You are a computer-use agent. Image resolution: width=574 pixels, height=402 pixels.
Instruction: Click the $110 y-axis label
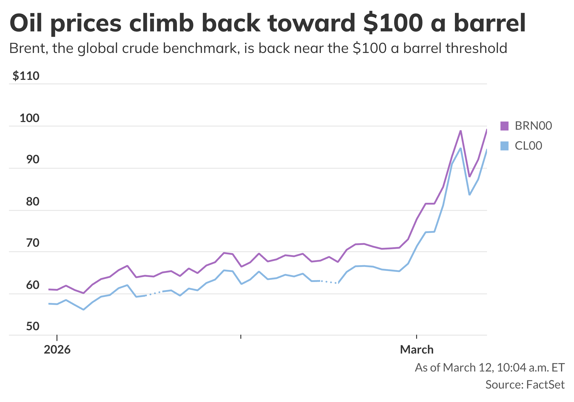[x=26, y=76]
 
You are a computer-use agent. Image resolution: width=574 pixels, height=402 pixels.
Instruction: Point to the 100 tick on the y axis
[x=30, y=118]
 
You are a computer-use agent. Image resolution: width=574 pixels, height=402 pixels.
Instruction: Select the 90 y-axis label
[x=33, y=159]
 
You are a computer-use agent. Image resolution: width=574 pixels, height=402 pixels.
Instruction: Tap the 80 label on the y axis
[x=33, y=201]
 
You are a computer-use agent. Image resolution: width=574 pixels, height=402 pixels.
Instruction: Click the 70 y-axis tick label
[x=33, y=243]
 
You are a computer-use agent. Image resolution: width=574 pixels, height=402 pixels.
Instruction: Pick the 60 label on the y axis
[x=33, y=285]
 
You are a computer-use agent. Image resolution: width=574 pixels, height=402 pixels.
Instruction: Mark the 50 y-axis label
[x=33, y=326]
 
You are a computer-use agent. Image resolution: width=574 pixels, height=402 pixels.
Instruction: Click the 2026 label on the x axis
[x=57, y=350]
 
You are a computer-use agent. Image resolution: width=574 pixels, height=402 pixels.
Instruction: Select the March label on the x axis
[x=417, y=350]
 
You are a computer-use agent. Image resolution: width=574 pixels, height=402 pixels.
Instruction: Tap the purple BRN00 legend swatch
[x=504, y=126]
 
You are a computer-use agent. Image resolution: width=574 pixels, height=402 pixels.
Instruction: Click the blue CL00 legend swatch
[x=504, y=146]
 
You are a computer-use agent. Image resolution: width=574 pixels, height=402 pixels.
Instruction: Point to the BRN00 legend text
[x=533, y=126]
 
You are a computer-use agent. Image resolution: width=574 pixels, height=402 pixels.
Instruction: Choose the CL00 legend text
[x=528, y=146]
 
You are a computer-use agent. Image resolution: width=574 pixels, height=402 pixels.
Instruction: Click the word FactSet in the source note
[x=546, y=385]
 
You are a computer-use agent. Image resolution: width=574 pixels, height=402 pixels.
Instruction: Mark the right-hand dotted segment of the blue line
[x=329, y=282]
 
